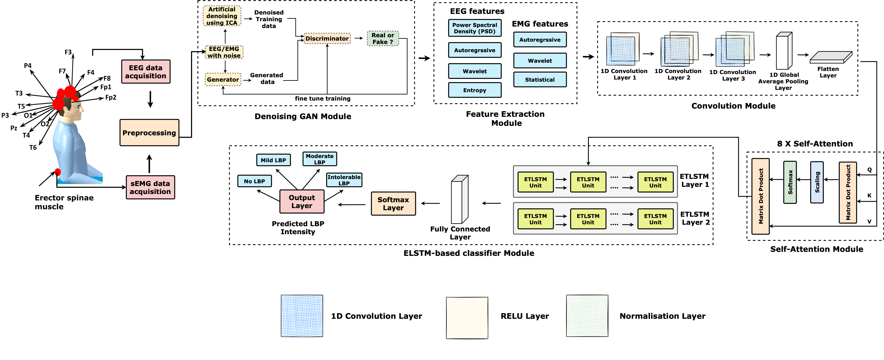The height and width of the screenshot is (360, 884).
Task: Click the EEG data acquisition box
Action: pyautogui.click(x=146, y=72)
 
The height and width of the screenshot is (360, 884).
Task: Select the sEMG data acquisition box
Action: pyautogui.click(x=150, y=187)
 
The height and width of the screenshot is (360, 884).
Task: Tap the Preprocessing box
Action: pyautogui.click(x=149, y=133)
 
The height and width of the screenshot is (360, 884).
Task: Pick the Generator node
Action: pyautogui.click(x=223, y=80)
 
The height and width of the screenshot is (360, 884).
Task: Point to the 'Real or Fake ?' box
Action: pyautogui.click(x=383, y=39)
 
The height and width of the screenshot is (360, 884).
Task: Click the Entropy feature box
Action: pyautogui.click(x=475, y=90)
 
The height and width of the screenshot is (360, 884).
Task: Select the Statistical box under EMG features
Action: pyautogui.click(x=540, y=80)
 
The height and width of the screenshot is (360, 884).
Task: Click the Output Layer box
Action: pyautogui.click(x=302, y=201)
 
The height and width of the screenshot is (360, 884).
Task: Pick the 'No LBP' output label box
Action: pyautogui.click(x=254, y=181)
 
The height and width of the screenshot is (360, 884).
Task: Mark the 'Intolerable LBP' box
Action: pyautogui.click(x=344, y=180)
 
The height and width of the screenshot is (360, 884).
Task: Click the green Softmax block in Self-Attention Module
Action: pyautogui.click(x=790, y=182)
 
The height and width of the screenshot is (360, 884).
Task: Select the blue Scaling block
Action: pyautogui.click(x=817, y=182)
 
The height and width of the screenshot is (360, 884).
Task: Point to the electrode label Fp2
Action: pyautogui.click(x=110, y=97)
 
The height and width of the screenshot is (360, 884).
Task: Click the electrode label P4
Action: pyautogui.click(x=28, y=66)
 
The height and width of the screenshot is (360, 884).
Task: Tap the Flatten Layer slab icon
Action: pyautogui.click(x=831, y=57)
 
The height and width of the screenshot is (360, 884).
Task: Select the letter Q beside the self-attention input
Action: pyautogui.click(x=869, y=170)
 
